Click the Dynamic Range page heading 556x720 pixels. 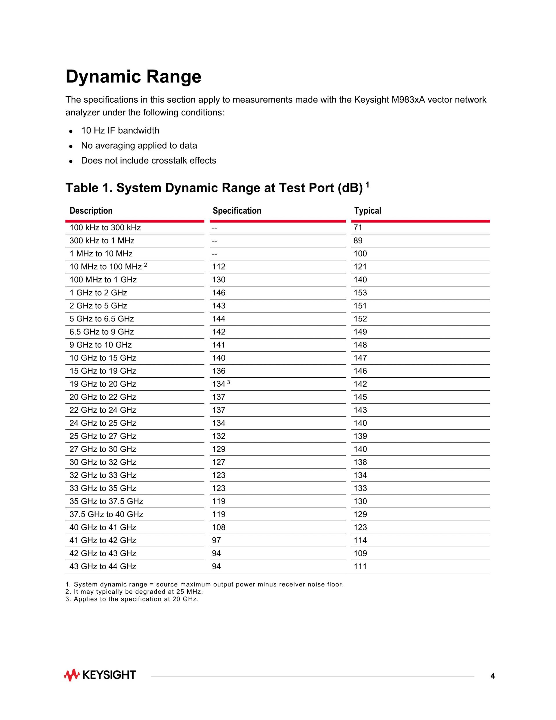(x=133, y=77)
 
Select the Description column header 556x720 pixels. (x=91, y=211)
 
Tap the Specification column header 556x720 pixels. (x=237, y=211)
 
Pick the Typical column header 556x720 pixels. (x=367, y=211)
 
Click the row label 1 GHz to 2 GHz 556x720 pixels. (x=98, y=293)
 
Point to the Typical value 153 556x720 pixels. (x=360, y=293)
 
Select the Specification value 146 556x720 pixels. (x=219, y=293)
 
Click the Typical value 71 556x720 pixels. (x=358, y=228)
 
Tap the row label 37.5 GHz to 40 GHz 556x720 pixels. (x=106, y=514)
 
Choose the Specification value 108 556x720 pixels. (x=219, y=528)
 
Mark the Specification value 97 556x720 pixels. (x=216, y=540)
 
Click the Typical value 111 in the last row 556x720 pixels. (x=360, y=566)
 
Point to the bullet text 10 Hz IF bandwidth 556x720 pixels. (x=120, y=130)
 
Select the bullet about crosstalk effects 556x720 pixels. (x=149, y=161)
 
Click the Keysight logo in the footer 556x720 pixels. (x=100, y=675)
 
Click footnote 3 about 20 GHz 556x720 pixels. (x=132, y=599)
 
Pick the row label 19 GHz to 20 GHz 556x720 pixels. (x=103, y=384)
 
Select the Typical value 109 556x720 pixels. (x=360, y=554)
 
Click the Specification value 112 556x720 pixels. (x=219, y=267)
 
